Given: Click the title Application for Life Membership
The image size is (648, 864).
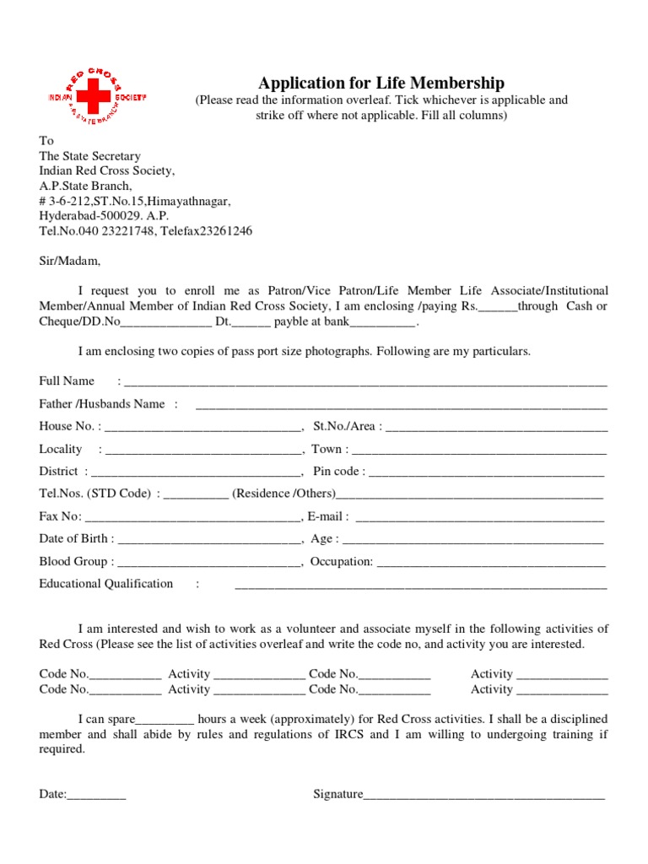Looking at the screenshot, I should [381, 83].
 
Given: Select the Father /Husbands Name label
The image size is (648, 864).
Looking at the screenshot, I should [102, 403].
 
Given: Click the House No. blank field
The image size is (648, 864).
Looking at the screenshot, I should [202, 428].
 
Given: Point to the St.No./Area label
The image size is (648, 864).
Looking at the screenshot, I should [344, 426].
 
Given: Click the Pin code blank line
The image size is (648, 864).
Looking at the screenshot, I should [487, 473].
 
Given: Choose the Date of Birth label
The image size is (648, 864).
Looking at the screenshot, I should [73, 538].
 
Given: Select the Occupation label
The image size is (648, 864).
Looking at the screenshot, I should [342, 561].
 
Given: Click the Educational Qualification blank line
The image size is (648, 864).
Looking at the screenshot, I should [420, 586].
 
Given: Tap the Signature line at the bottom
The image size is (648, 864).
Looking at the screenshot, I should [484, 796].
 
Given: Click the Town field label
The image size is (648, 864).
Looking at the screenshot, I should [327, 449].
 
